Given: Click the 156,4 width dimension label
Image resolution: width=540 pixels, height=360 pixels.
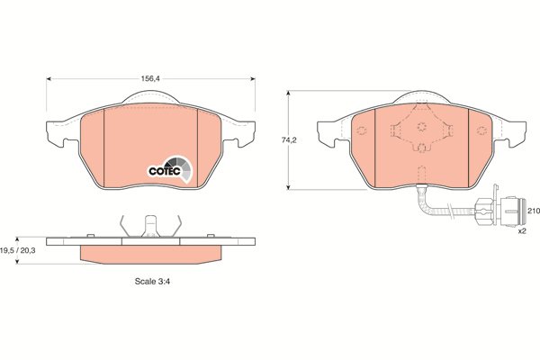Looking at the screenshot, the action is pyautogui.click(x=150, y=79).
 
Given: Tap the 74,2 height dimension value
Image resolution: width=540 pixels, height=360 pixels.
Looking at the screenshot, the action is pyautogui.click(x=289, y=140).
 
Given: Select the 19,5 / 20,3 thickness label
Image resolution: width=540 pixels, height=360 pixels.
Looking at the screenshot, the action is pyautogui.click(x=18, y=250).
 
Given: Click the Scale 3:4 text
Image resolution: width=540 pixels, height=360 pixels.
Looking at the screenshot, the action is pyautogui.click(x=152, y=281).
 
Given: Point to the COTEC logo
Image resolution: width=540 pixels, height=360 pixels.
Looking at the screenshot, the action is pyautogui.click(x=170, y=169).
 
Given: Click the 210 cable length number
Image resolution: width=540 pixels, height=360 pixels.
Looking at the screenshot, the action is pyautogui.click(x=534, y=211).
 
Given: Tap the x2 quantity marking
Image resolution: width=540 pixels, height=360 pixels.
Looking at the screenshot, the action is pyautogui.click(x=522, y=231).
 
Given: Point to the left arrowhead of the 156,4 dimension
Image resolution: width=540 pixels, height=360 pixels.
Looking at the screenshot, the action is pyautogui.click(x=49, y=79).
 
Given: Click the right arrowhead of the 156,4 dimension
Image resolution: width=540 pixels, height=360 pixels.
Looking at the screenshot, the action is pyautogui.click(x=253, y=79).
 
